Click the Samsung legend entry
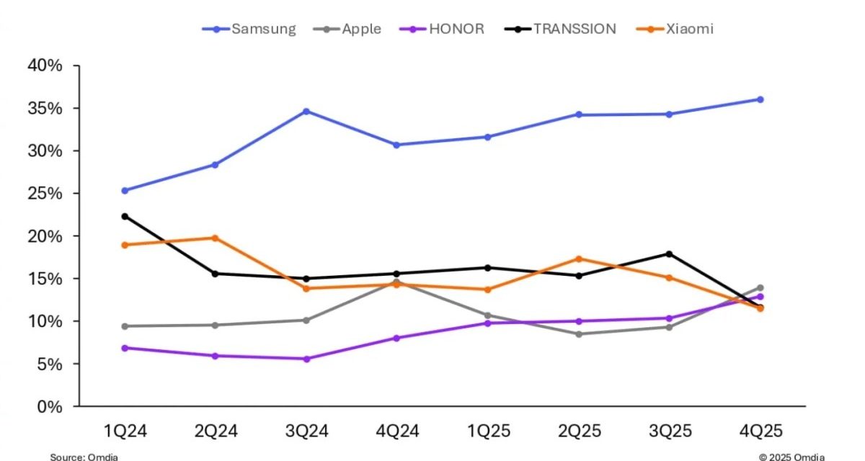(249, 29)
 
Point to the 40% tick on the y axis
(45, 66)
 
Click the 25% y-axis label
(45, 194)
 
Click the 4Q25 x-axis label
(760, 431)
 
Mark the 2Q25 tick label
(578, 431)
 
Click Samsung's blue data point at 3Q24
(306, 111)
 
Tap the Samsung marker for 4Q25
(760, 99)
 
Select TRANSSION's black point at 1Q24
(125, 216)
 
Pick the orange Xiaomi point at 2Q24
(216, 238)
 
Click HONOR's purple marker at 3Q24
(306, 359)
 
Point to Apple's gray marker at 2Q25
(578, 334)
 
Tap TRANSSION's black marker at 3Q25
(669, 254)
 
